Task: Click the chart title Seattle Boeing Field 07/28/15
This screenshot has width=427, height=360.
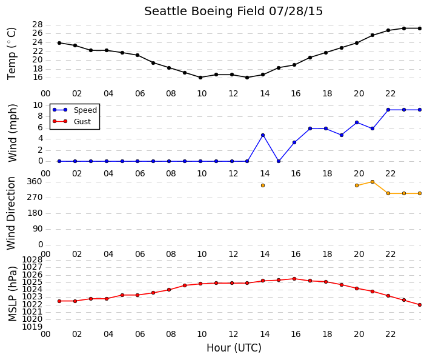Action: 233,12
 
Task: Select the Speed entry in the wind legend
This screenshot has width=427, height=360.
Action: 85,110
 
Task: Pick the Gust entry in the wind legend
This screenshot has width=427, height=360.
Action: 82,122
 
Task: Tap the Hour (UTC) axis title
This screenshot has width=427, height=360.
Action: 234,348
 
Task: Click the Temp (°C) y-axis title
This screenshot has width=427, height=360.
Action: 12,54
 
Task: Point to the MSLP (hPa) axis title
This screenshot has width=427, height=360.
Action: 13,294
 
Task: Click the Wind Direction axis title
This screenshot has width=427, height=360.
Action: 11,213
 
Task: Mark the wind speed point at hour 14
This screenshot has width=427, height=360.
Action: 263,135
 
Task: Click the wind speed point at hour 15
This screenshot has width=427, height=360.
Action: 279,161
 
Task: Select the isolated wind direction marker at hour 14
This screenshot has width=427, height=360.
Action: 263,185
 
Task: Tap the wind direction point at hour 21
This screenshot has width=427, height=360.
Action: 372,182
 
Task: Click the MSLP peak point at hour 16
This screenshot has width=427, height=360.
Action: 294,279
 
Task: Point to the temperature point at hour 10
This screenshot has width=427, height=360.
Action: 200,78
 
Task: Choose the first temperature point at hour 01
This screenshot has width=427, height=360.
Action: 59,43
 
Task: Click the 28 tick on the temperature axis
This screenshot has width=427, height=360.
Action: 38,25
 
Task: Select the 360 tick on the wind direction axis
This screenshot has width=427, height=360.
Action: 35,182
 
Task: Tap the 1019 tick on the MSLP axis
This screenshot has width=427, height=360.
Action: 33,327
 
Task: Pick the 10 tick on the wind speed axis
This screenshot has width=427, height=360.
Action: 38,105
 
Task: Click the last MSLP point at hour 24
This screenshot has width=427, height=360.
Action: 420,305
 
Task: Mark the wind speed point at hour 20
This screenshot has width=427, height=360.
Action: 357,122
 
